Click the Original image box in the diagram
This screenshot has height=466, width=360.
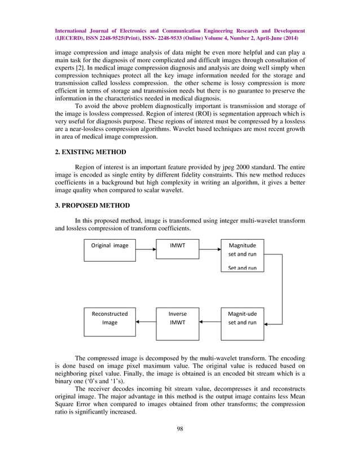click(110, 249)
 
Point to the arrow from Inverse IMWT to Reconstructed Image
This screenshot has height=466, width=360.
click(146, 322)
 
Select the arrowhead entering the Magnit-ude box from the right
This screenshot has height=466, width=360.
click(267, 323)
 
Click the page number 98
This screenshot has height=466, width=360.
click(180, 445)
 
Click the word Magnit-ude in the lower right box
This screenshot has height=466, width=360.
click(242, 314)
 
